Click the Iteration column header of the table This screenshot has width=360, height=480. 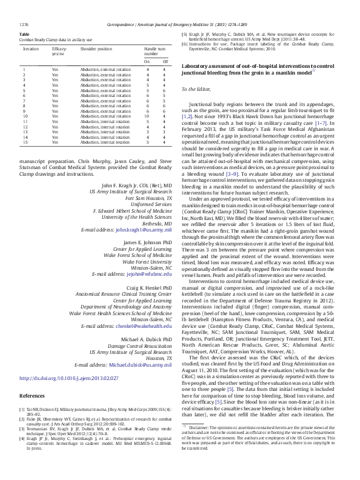pyautogui.click(x=30, y=47)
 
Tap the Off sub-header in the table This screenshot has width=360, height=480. pyautogui.click(x=164, y=61)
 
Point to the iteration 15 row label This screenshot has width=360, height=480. pyautogui.click(x=24, y=143)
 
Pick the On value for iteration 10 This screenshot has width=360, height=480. pyautogui.click(x=147, y=116)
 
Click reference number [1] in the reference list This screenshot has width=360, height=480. pyautogui.click(x=22, y=427)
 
